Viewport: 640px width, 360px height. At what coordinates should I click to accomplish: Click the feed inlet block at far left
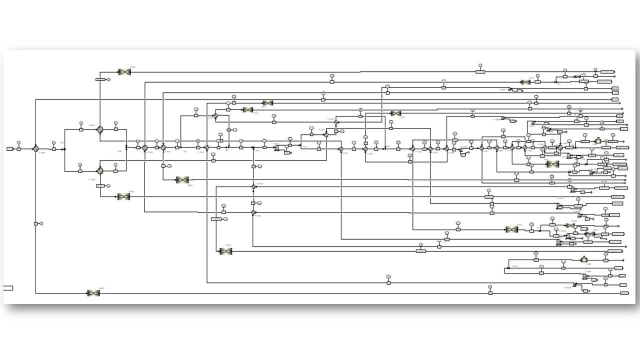pos(10,148)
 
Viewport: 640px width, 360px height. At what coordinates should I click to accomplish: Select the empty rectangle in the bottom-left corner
pos(8,288)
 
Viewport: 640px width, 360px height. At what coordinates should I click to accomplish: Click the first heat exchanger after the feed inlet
pos(36,148)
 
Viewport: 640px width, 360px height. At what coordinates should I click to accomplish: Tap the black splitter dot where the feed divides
pos(64,148)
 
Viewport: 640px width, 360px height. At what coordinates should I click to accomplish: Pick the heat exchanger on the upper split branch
pos(100,129)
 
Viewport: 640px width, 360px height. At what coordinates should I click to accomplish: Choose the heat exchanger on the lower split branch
pos(100,170)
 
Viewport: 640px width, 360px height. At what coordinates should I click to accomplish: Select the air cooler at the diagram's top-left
pos(124,72)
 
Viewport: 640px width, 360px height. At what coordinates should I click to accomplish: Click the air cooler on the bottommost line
pos(93,293)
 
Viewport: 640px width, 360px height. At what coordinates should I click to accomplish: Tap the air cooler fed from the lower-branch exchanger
pos(123,197)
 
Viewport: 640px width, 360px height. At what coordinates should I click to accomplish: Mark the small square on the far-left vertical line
pos(36,223)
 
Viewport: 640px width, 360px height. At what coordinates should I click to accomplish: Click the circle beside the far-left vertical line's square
pos(41,223)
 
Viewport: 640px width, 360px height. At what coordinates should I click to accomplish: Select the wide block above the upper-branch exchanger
pos(100,79)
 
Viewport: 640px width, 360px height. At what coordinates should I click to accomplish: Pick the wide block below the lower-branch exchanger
pos(100,185)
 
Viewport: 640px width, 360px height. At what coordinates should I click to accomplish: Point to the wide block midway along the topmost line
pos(480,72)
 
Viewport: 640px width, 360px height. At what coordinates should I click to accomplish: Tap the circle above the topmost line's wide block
pos(480,65)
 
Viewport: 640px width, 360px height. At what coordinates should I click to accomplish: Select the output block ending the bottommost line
pos(623,292)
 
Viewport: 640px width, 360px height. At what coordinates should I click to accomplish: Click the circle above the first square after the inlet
pos(18,142)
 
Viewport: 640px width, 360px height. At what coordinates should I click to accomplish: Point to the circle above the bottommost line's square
pos(490,287)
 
